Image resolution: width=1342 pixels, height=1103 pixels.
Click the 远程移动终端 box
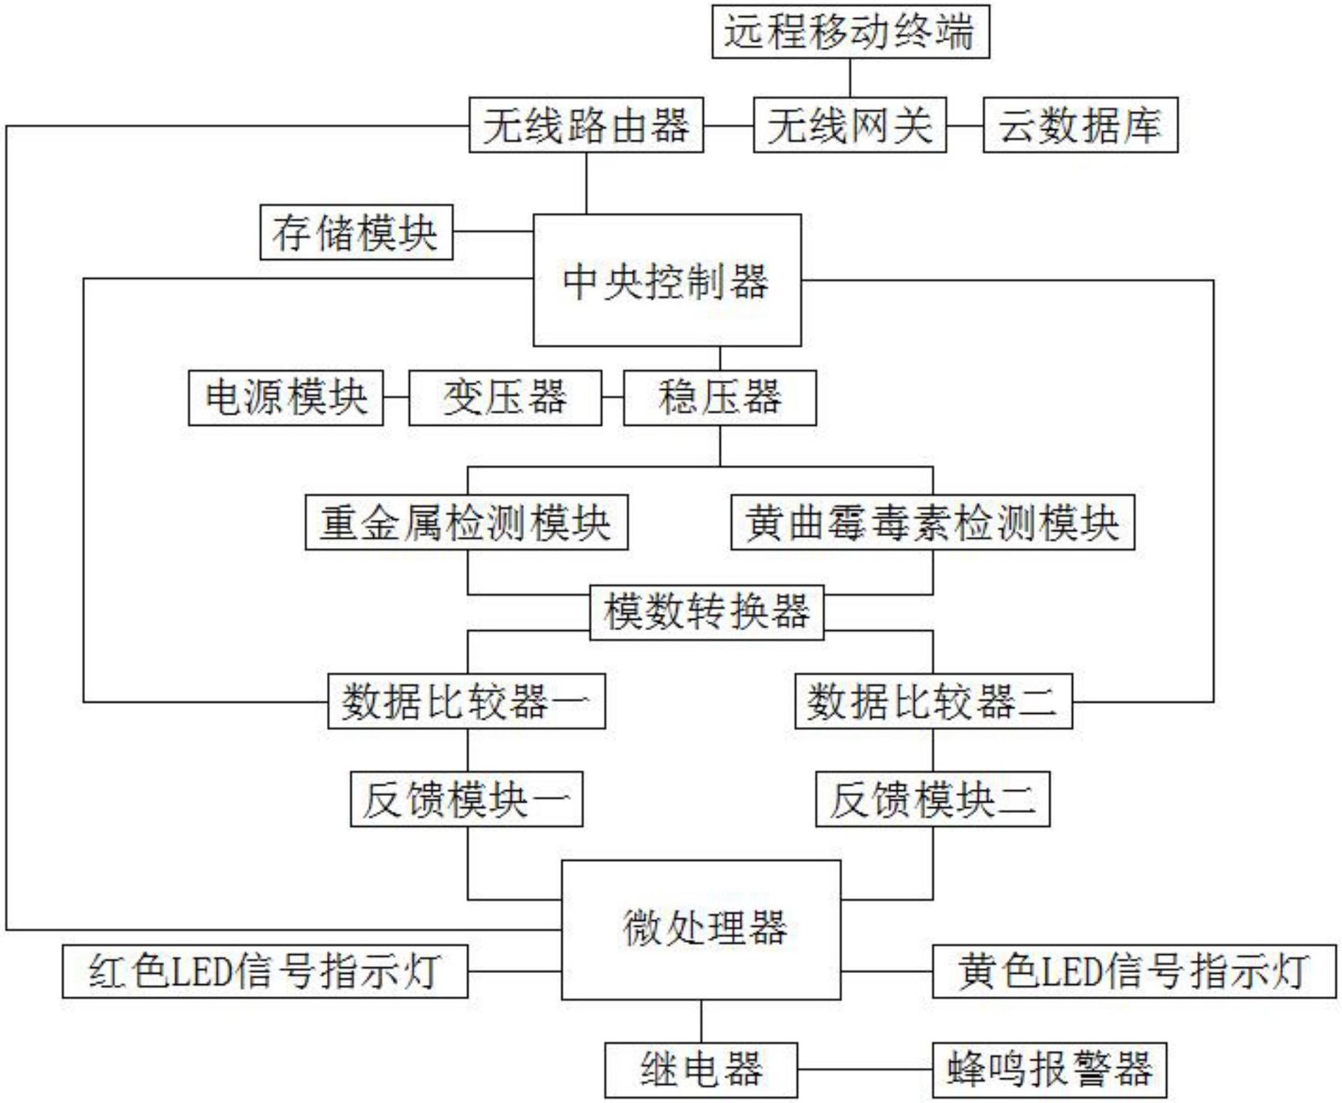tap(851, 32)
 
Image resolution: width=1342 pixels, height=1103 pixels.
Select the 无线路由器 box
tap(586, 125)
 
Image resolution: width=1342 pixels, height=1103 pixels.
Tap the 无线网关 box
tap(850, 125)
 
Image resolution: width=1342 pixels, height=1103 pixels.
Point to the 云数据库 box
tap(1080, 125)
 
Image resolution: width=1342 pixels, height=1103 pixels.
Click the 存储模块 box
tap(356, 233)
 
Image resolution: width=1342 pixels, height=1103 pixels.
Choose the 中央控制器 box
tap(667, 280)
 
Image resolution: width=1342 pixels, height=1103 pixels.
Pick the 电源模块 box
tap(286, 398)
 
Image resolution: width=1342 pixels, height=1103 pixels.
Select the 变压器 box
tap(505, 398)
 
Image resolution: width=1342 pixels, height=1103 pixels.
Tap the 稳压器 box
tap(720, 398)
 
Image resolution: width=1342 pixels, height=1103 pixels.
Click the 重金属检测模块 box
tap(467, 523)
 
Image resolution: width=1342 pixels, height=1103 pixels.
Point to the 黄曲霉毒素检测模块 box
tap(933, 523)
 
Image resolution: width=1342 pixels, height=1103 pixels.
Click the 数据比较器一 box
tap(467, 701)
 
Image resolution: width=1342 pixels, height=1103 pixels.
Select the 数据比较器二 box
tap(934, 701)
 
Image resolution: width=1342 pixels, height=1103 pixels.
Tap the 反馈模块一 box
tap(467, 799)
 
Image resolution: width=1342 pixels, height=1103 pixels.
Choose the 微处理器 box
tap(701, 929)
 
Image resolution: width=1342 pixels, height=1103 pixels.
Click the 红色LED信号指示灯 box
tap(265, 972)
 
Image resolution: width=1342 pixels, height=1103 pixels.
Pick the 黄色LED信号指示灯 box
tap(1134, 972)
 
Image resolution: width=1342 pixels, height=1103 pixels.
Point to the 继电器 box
tap(701, 1070)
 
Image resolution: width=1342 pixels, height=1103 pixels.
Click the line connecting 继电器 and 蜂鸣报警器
tap(865, 1070)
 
